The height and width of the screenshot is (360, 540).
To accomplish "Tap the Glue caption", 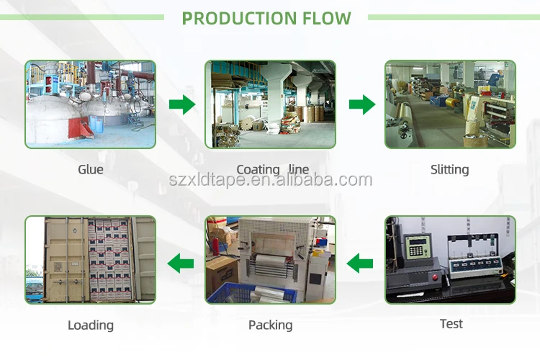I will [91, 170].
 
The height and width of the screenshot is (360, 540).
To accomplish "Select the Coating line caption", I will [272, 170].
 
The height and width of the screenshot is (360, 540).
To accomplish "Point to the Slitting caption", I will [449, 170].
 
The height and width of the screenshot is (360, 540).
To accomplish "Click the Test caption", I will [451, 324].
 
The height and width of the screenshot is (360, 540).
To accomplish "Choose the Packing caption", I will [270, 325].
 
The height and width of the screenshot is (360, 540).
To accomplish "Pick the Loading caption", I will [91, 325].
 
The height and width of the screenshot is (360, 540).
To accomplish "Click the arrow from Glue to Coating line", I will [182, 105].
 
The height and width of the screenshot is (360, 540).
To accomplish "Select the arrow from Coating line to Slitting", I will [361, 105].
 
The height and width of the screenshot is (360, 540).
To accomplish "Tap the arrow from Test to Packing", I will [360, 264].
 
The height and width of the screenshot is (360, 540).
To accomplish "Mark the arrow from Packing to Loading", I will [181, 264].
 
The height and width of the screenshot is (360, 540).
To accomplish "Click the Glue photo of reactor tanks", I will [91, 104].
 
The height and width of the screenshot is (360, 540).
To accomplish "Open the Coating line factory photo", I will [270, 104].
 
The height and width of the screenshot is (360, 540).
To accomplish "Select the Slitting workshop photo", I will [450, 104].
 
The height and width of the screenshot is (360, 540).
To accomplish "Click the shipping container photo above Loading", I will [91, 260].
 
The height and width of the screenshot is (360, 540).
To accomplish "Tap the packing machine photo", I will [270, 260].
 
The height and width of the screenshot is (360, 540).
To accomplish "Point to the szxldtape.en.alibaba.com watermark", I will [270, 181].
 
